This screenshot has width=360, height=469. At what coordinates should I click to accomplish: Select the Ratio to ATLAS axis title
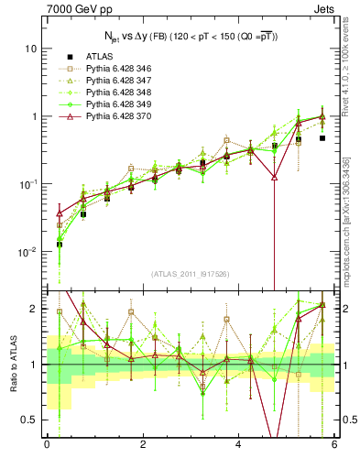[12, 365]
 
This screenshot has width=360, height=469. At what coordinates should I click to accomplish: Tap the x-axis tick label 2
[143, 444]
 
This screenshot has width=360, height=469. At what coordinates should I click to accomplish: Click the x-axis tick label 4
[239, 444]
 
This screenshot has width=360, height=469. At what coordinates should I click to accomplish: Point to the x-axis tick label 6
[334, 444]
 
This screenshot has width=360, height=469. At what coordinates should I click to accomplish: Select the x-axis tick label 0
[47, 444]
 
